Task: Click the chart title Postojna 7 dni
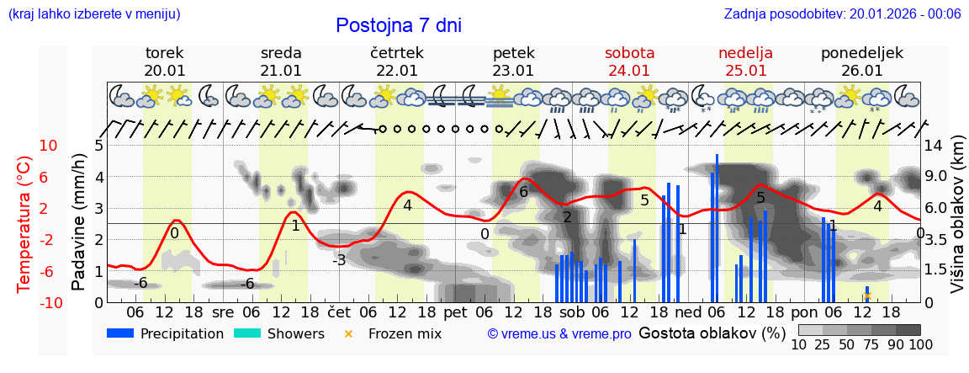coord(398,25)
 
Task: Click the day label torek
coord(164,53)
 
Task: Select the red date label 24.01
coord(629,71)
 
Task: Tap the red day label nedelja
coord(745,53)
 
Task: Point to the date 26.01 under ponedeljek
coord(862,71)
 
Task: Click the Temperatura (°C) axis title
coord(24,223)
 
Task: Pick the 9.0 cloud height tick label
coord(936,177)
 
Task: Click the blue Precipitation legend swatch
coord(120,333)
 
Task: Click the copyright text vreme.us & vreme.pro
coord(559,334)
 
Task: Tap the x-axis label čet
coord(339,312)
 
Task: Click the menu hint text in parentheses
coord(94,13)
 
